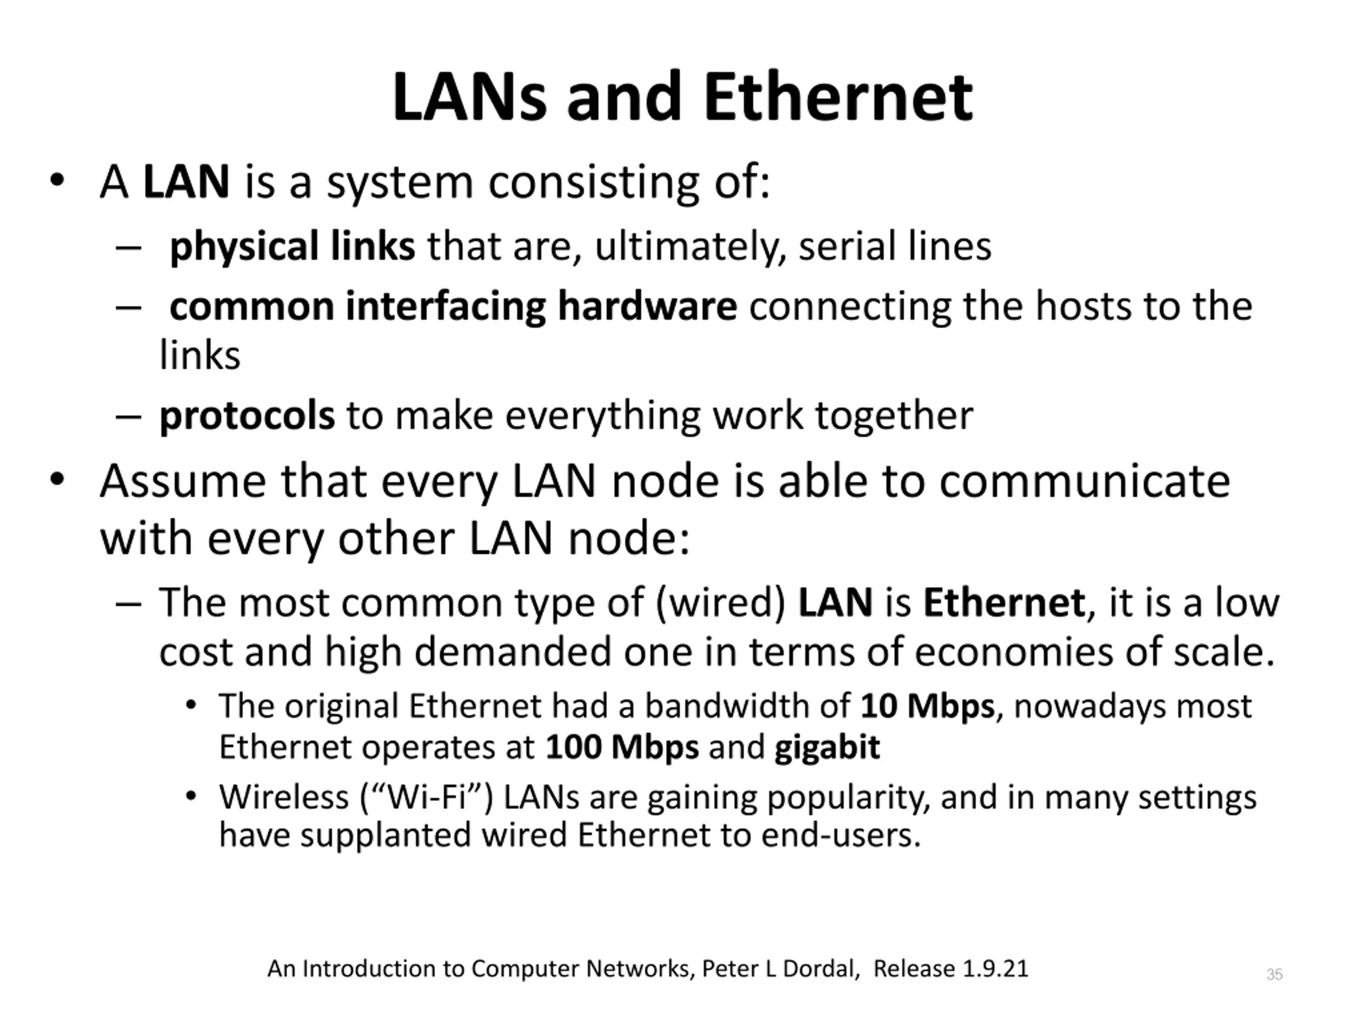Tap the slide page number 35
pyautogui.click(x=1274, y=975)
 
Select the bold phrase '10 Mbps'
pyautogui.click(x=927, y=706)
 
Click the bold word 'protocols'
pyautogui.click(x=247, y=416)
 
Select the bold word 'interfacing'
pyautogui.click(x=446, y=306)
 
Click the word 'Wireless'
pyautogui.click(x=284, y=797)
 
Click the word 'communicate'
pyautogui.click(x=1084, y=481)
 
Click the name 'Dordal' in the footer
pyautogui.click(x=821, y=969)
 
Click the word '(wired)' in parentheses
pyautogui.click(x=720, y=603)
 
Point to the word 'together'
pyautogui.click(x=894, y=416)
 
